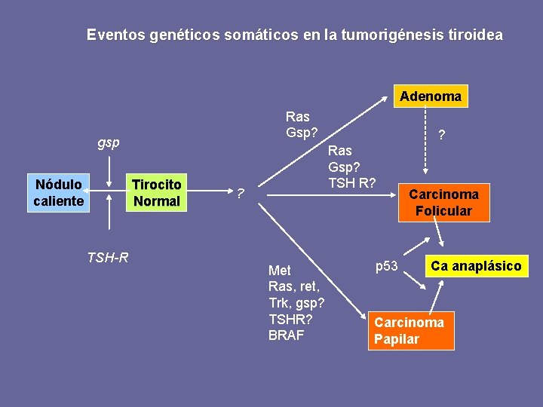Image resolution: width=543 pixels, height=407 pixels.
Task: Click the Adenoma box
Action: [x=431, y=96]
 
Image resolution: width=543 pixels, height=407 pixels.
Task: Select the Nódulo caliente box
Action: [x=58, y=193]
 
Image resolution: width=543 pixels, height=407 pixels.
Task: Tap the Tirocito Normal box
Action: [x=156, y=193]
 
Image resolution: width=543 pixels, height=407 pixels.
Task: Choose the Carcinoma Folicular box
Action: [x=443, y=202]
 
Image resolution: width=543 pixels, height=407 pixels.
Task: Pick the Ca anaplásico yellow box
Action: [x=476, y=266]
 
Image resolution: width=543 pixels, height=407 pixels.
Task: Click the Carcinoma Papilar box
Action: [x=411, y=330]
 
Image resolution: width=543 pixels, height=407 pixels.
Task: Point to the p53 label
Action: [x=387, y=266]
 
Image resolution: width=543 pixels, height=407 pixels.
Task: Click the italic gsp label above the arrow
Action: [x=109, y=142]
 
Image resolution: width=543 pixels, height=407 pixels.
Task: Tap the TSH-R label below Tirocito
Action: [x=108, y=258]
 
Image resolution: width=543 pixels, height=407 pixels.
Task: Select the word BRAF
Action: [x=286, y=335]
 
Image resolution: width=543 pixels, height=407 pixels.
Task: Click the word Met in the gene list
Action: [x=279, y=270]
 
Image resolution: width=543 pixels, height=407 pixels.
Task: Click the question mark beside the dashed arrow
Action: [x=442, y=136]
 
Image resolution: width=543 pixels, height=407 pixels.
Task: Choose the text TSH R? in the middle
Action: [x=351, y=182]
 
